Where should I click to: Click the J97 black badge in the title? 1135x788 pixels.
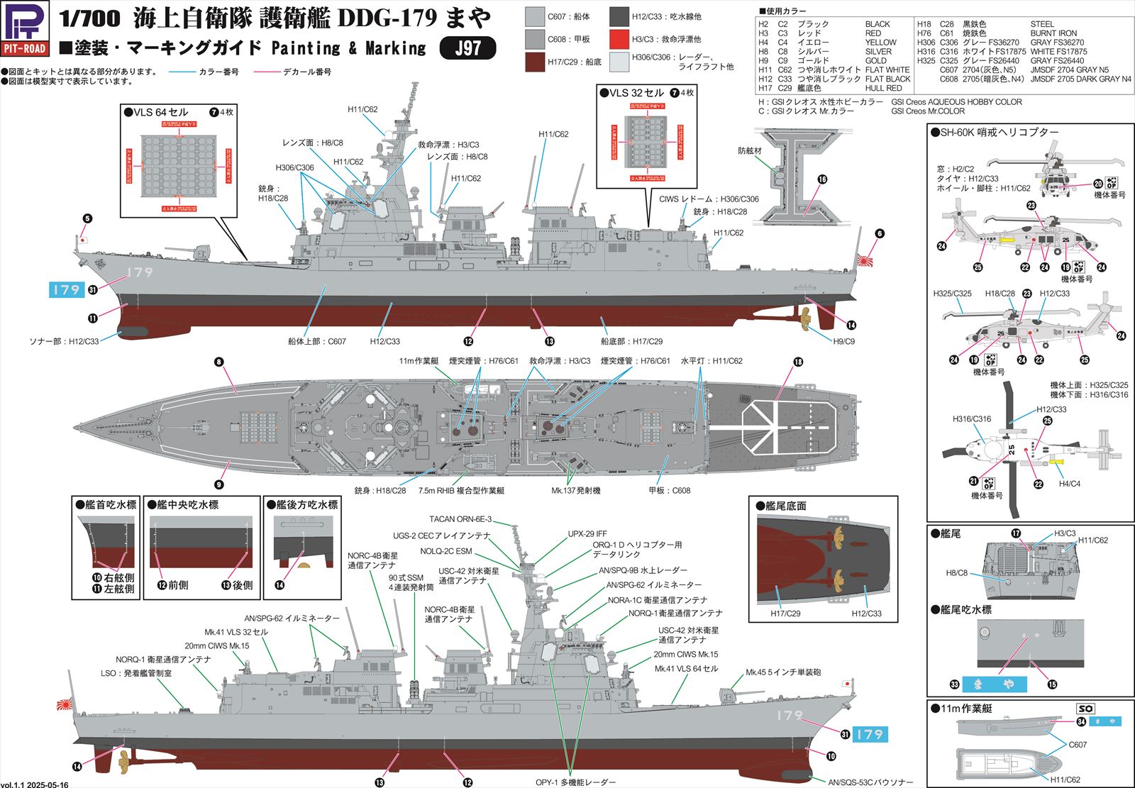[x=467, y=48]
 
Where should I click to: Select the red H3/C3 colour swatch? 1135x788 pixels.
[x=619, y=39]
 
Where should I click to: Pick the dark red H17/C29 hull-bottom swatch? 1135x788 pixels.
[x=535, y=62]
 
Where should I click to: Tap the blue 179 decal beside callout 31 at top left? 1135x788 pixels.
[x=67, y=289]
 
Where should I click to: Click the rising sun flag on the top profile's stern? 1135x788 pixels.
[x=866, y=260]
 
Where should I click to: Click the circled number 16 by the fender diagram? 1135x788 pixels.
[x=822, y=179]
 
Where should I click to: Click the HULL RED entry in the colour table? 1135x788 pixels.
[x=883, y=89]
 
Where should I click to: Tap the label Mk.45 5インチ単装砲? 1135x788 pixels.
[x=783, y=672]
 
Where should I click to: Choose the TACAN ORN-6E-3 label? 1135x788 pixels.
[x=460, y=519]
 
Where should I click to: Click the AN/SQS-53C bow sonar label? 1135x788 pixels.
[x=870, y=782]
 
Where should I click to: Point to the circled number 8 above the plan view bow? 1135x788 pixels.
[x=219, y=362]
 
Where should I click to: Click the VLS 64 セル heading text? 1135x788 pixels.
[x=160, y=112]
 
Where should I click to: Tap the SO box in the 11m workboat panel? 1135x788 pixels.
[x=1085, y=709]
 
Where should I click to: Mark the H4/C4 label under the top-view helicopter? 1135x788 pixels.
[x=1069, y=484]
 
